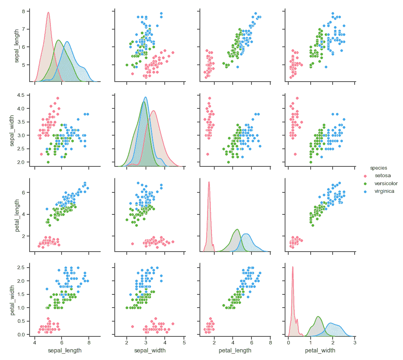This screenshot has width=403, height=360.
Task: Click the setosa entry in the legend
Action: [383, 175]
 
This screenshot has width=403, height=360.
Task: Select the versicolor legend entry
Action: [385, 183]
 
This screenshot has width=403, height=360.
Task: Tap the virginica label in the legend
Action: [384, 191]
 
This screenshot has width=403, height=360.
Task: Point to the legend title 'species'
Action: [378, 168]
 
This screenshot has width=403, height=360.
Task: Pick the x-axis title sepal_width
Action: [149, 350]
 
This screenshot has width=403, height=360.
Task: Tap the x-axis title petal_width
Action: [320, 350]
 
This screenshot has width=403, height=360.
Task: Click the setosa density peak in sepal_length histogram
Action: [48, 12]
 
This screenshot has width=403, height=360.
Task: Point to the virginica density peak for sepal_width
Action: [145, 97]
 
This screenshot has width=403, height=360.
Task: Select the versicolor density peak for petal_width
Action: [318, 317]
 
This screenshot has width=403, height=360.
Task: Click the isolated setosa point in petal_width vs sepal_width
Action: [132, 326]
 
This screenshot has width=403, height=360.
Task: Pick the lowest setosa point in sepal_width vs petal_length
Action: [207, 154]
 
